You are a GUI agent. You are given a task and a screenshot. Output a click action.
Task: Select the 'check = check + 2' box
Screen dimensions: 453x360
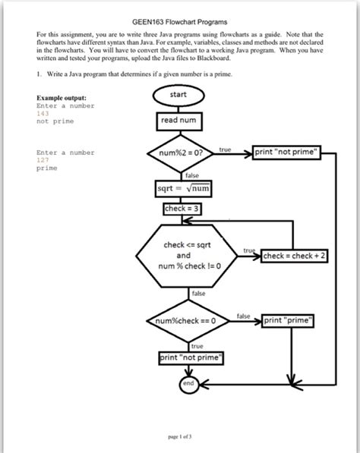click(x=294, y=256)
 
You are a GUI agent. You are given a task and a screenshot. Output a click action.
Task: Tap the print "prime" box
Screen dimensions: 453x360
click(x=289, y=320)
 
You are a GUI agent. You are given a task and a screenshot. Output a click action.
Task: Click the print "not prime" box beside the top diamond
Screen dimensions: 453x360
click(x=289, y=152)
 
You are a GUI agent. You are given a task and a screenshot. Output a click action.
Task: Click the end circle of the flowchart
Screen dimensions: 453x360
click(x=188, y=385)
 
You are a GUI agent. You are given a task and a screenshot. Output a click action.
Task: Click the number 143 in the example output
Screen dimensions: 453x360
click(x=43, y=114)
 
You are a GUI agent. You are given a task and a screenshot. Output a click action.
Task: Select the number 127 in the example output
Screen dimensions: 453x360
click(x=43, y=160)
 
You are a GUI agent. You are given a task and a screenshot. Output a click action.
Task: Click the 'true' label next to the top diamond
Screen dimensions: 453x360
click(x=225, y=149)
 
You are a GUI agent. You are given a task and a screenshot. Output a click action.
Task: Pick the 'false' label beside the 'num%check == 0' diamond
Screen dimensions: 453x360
click(x=243, y=315)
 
